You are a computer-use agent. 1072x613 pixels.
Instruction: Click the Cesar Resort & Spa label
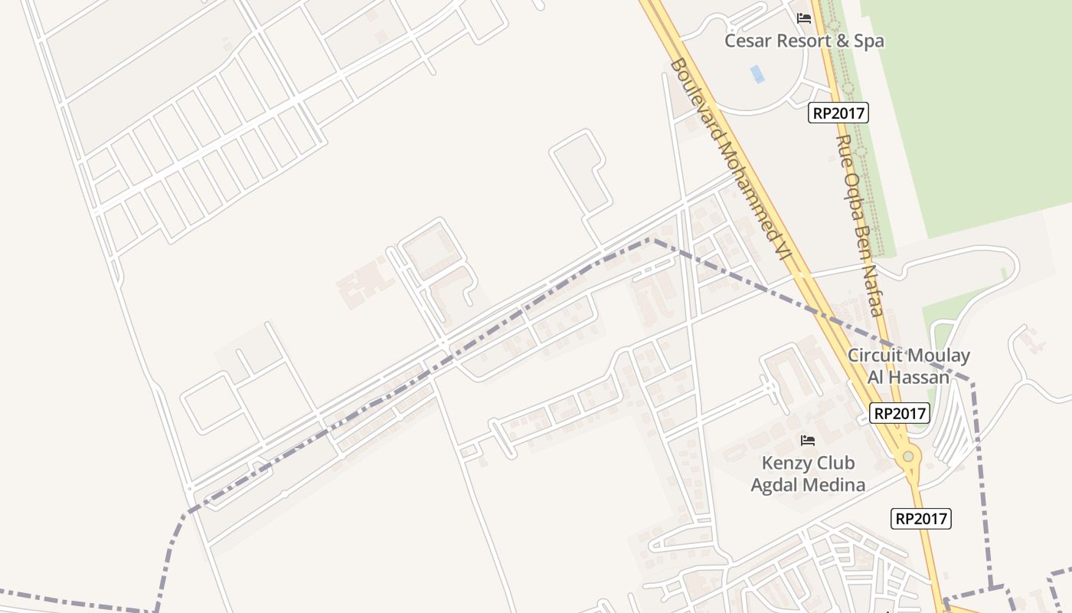pyautogui.click(x=804, y=41)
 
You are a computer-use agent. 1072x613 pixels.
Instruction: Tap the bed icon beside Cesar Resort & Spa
pyautogui.click(x=804, y=18)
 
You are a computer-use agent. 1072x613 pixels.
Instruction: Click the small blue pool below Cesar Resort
pyautogui.click(x=757, y=74)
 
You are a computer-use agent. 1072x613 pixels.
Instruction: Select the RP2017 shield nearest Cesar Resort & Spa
pyautogui.click(x=838, y=113)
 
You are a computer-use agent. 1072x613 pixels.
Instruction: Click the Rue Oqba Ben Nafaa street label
pyautogui.click(x=860, y=226)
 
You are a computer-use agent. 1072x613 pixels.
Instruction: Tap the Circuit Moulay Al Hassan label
pyautogui.click(x=908, y=366)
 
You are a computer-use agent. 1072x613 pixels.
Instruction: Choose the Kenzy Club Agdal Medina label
pyautogui.click(x=808, y=474)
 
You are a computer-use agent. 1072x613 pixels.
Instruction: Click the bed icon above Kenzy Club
pyautogui.click(x=807, y=440)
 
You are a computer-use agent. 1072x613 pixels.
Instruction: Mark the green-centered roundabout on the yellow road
pyautogui.click(x=908, y=457)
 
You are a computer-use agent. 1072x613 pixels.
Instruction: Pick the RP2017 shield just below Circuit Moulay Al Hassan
pyautogui.click(x=900, y=414)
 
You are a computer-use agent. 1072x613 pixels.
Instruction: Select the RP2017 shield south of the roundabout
pyautogui.click(x=922, y=519)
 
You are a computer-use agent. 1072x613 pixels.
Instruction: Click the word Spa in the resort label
pyautogui.click(x=869, y=41)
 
